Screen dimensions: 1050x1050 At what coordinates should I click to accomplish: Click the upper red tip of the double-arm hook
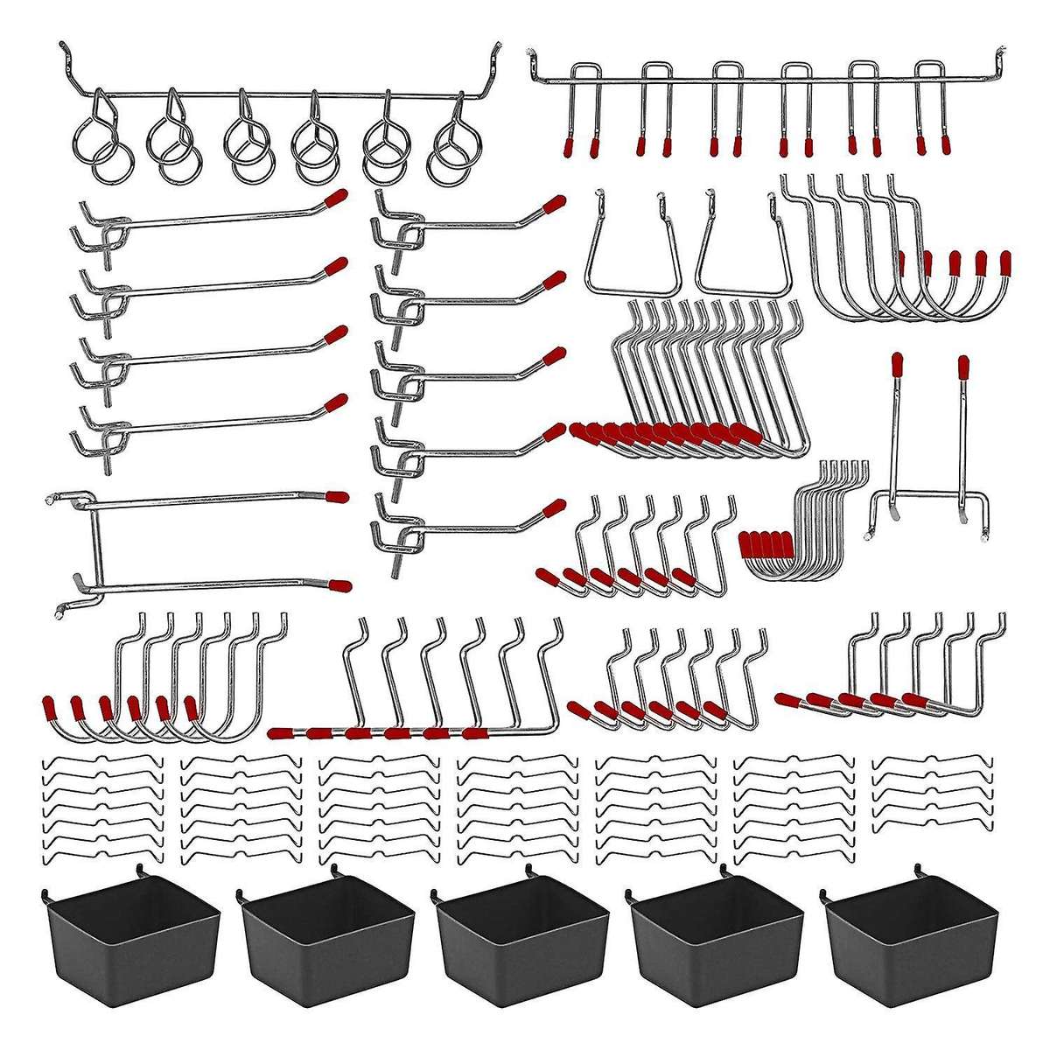pyautogui.click(x=335, y=497)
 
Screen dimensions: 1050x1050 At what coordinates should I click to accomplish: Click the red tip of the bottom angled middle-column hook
pyautogui.click(x=554, y=507)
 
